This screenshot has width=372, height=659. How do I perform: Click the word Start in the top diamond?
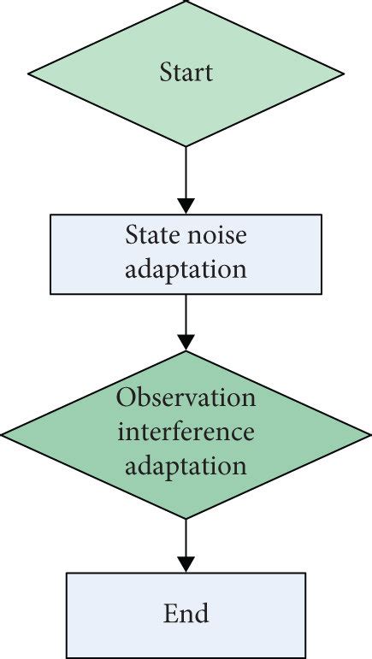tap(186, 72)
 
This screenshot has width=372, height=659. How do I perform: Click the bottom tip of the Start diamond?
tap(186, 146)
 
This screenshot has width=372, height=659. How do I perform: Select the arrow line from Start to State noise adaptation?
tap(186, 175)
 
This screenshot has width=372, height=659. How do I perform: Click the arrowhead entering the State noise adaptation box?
tap(186, 205)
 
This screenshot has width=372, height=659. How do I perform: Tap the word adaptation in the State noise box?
tap(186, 269)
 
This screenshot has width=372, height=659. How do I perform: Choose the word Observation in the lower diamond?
tap(186, 397)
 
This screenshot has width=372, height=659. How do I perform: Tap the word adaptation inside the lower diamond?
tap(186, 467)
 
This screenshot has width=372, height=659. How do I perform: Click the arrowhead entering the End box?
tap(186, 563)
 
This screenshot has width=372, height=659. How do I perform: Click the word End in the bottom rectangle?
tap(186, 613)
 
